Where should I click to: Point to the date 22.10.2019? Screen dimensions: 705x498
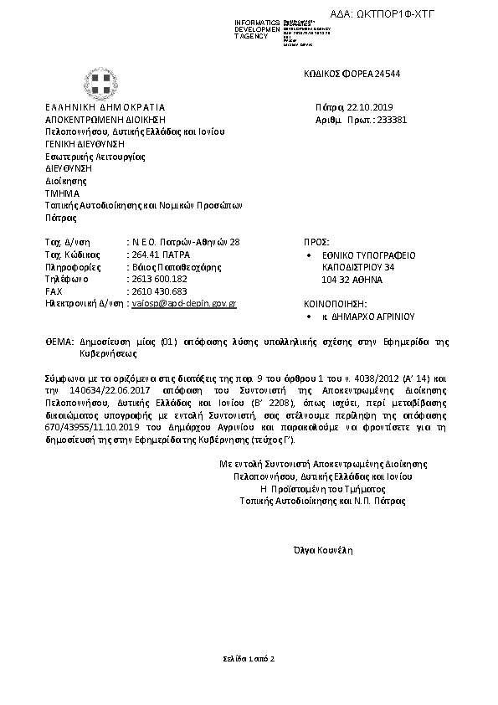376,107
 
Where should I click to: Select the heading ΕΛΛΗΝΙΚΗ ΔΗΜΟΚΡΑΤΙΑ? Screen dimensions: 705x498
105,107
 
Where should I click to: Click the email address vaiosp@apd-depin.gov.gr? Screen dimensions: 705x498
184,304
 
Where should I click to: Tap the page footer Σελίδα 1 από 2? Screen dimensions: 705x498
248,659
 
